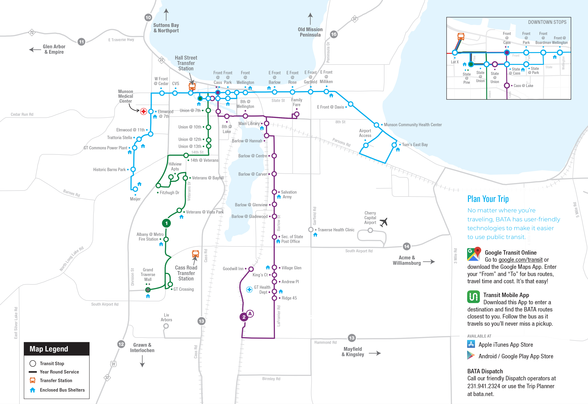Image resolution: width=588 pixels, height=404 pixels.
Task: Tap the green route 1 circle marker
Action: (166, 223)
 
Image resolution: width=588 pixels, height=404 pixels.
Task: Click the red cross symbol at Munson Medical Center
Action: (144, 111)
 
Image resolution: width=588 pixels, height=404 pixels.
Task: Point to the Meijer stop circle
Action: (135, 189)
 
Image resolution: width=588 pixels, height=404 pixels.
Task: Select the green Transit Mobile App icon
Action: (473, 297)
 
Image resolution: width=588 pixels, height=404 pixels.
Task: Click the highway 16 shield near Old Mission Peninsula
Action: (334, 34)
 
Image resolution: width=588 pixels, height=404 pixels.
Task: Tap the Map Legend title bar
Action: (57, 349)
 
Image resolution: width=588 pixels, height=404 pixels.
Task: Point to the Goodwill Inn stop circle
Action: (251, 269)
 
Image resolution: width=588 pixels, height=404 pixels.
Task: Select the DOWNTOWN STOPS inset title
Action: (547, 22)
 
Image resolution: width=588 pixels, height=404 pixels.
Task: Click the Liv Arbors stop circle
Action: (166, 326)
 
